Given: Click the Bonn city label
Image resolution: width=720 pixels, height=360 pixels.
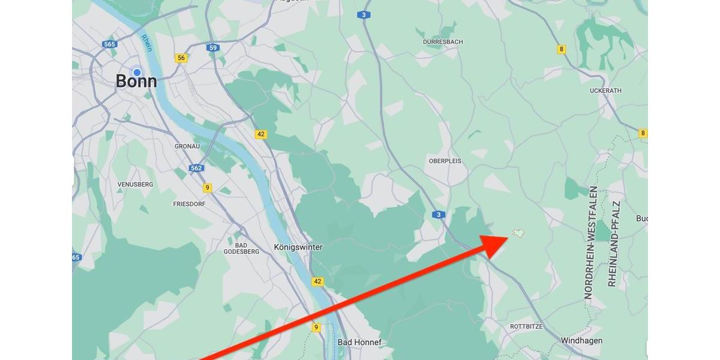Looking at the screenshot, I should pos(136,82).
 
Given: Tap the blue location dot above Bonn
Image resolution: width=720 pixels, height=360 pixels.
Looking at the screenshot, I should pos(137,73).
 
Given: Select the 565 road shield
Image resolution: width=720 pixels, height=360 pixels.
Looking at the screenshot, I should pos(109,44).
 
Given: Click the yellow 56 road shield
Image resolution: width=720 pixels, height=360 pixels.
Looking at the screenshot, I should pos(181,58).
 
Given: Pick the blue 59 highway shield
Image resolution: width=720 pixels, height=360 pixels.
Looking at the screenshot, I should pos(212,47).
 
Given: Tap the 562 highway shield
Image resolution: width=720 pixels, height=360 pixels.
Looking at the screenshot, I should pos(196,168).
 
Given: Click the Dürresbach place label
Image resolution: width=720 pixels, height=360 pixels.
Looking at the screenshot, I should pos(443,42).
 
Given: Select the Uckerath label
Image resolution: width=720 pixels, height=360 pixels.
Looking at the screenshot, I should pos(606,91).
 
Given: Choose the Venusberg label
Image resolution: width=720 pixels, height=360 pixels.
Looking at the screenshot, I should pos(135,184).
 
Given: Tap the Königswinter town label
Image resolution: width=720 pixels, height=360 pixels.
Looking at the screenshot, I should pos(298,247).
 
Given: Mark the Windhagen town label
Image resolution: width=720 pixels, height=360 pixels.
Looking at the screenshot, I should pos(581,341).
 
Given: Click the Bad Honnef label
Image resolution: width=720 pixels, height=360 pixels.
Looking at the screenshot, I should pos(359,343).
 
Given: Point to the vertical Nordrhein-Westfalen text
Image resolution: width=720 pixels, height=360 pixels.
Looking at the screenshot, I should pos(592,242).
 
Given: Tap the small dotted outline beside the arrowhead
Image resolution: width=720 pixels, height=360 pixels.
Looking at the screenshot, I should pos(518,233).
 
